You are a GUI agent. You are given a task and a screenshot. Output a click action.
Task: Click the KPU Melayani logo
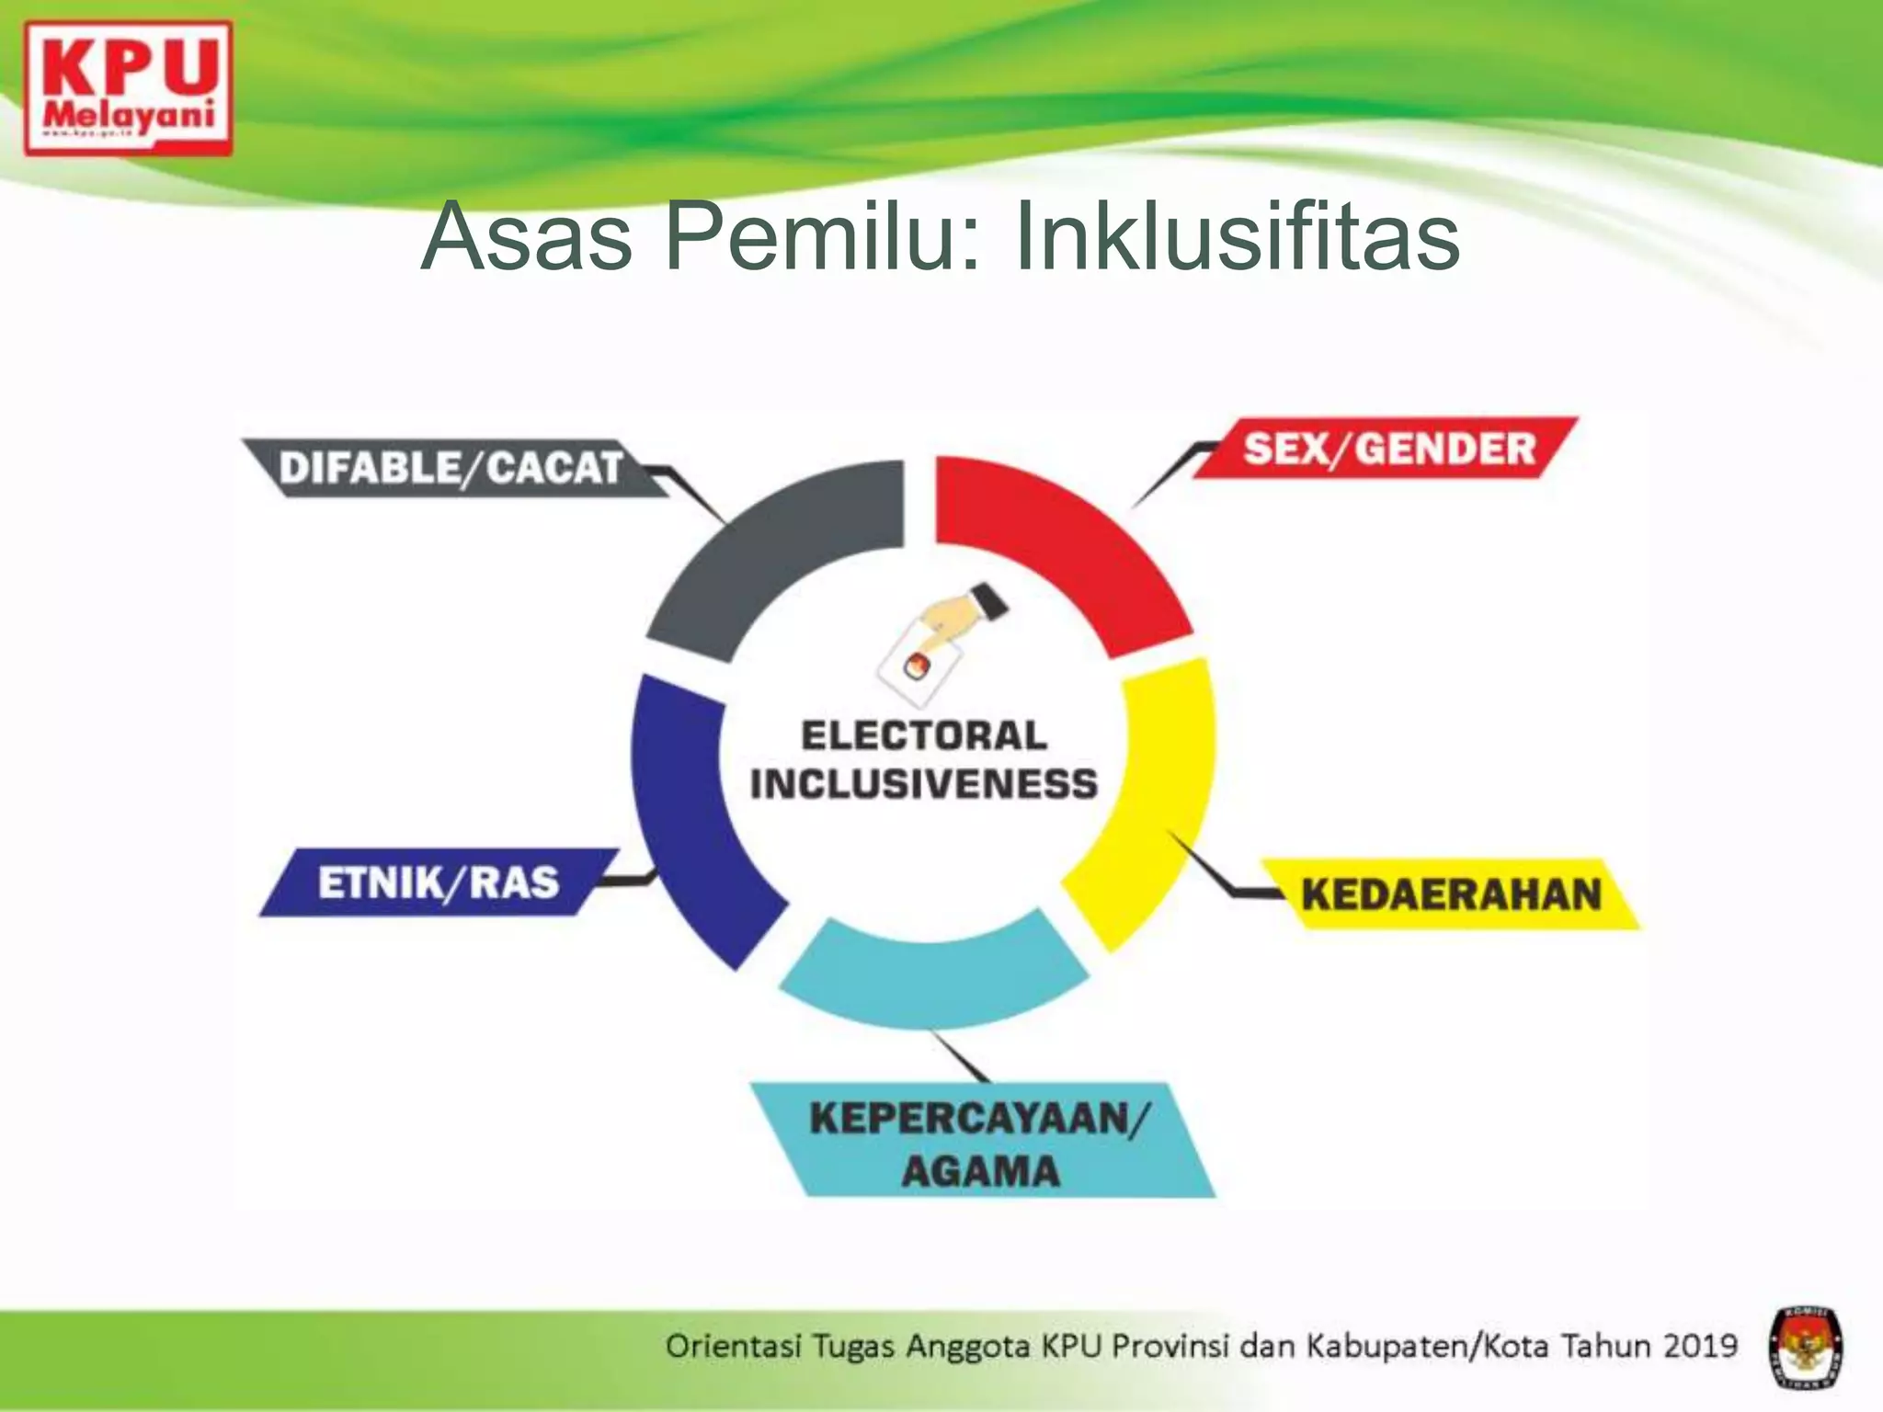click(x=128, y=89)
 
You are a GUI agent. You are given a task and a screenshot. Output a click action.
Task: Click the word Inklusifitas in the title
click(x=1237, y=236)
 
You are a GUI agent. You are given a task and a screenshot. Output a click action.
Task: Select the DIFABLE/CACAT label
click(x=451, y=468)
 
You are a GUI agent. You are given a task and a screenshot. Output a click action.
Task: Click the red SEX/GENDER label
click(x=1388, y=449)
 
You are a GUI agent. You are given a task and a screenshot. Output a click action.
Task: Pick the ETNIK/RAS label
click(x=438, y=882)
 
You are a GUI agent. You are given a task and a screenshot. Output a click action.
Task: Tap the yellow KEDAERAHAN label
click(x=1451, y=894)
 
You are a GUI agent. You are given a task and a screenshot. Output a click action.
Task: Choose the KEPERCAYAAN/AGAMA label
click(x=980, y=1143)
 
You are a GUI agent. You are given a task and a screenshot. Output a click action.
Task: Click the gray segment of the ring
click(x=782, y=552)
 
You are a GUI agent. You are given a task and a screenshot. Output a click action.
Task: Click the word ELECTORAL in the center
click(x=924, y=735)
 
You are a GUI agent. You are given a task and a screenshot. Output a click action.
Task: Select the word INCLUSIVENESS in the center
click(x=924, y=784)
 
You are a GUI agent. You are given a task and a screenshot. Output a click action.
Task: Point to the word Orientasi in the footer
click(x=733, y=1346)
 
